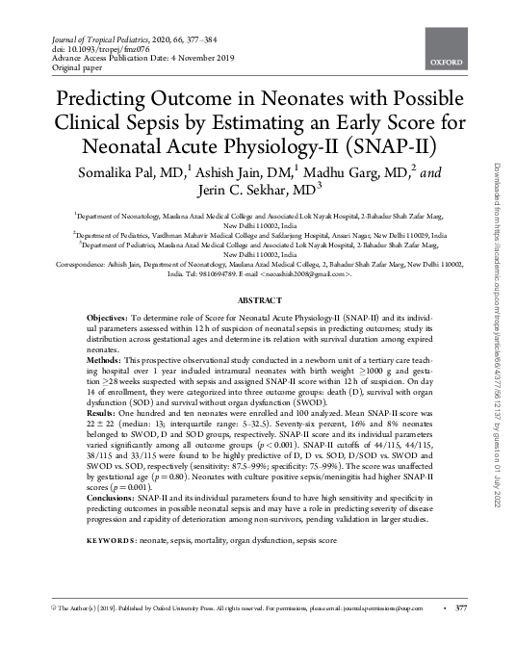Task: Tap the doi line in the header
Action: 78,46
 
